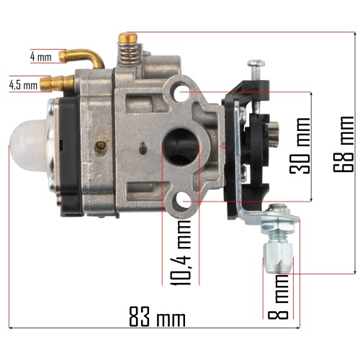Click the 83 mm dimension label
[157, 317]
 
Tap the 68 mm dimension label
[343, 144]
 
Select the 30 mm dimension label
[300, 146]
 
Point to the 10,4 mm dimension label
[181, 253]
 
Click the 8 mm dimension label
[278, 297]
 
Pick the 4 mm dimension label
[41, 57]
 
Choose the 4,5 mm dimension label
[23, 86]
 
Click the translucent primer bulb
[30, 145]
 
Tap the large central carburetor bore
[181, 147]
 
